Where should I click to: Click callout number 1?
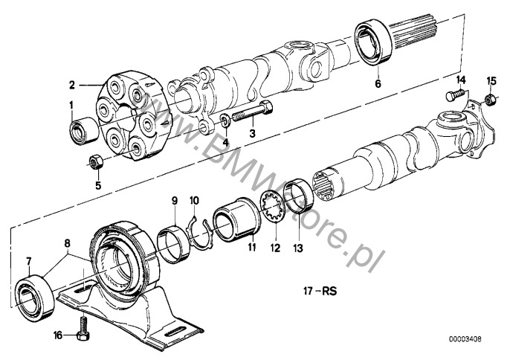71,106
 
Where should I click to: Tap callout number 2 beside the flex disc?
72,84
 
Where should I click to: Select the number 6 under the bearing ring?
377,85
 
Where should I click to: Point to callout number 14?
462,78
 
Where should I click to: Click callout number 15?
490,79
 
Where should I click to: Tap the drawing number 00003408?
480,339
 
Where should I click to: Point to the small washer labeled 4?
225,120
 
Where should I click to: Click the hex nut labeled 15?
490,99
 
